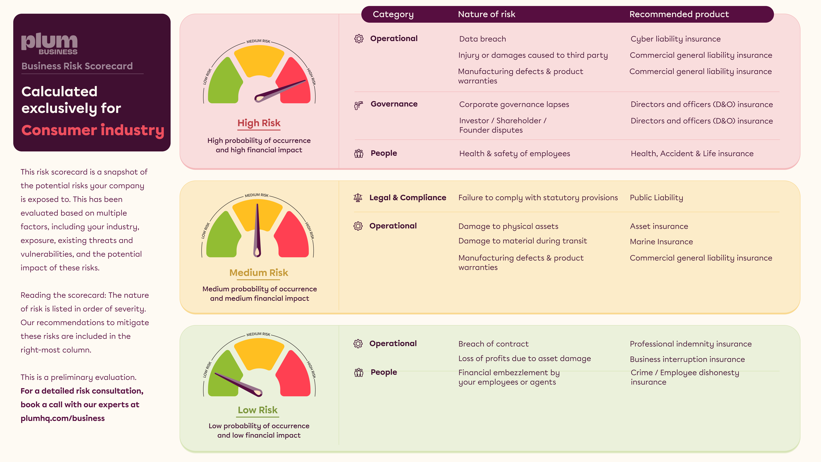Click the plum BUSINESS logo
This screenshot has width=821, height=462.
(x=49, y=44)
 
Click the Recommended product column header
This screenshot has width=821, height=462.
(x=679, y=14)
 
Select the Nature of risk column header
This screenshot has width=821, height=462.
(x=486, y=14)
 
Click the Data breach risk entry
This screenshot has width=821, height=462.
(x=482, y=39)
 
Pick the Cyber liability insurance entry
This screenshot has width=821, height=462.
(x=675, y=39)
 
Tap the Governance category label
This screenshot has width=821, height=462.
(x=394, y=104)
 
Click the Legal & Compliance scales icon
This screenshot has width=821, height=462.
(x=358, y=198)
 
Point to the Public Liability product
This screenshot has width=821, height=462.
(x=656, y=198)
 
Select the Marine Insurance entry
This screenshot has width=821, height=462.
(x=661, y=242)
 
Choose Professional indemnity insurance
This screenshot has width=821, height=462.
(x=691, y=344)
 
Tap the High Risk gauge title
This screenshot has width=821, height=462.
(x=259, y=123)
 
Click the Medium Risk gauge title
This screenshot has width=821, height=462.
(x=258, y=273)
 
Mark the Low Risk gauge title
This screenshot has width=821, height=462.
(x=257, y=410)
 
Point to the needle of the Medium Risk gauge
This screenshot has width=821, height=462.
(x=257, y=230)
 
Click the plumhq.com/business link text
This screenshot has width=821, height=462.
(x=62, y=418)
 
